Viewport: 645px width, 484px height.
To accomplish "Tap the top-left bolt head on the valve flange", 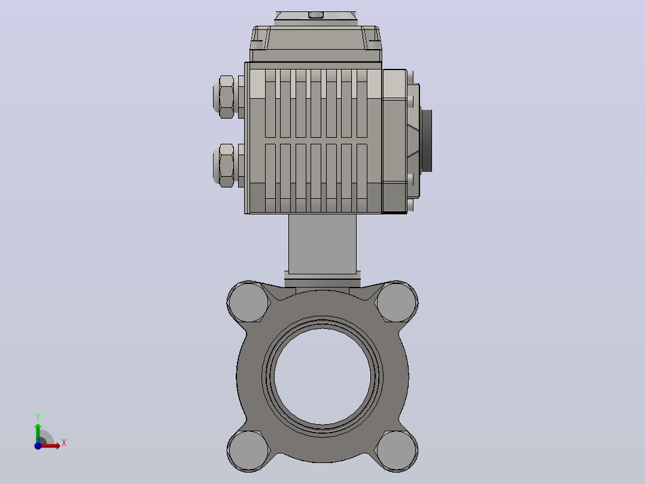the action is click(248, 302).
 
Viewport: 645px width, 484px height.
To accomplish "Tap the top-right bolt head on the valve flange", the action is click(397, 302).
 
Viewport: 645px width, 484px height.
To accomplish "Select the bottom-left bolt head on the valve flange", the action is click(248, 450).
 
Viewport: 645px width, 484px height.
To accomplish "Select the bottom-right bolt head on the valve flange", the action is click(397, 450).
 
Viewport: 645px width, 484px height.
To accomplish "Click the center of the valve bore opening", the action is click(322, 377).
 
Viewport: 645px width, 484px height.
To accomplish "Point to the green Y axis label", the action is click(38, 417).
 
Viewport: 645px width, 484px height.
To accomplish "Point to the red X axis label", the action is click(64, 443).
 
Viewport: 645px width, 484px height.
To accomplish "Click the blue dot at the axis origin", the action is click(38, 446).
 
